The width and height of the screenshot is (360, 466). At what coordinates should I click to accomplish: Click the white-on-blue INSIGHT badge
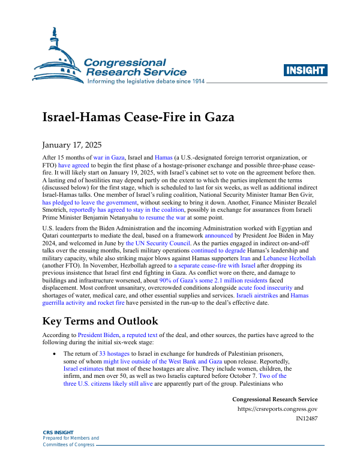pyautogui.click(x=305, y=70)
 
